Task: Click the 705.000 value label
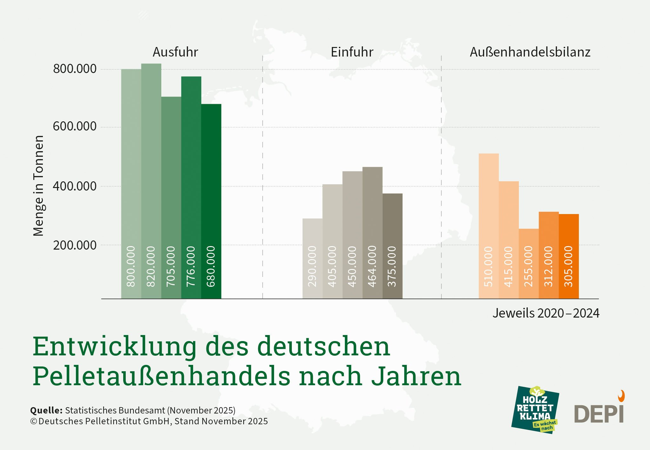click(x=171, y=266)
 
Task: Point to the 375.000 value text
click(x=392, y=266)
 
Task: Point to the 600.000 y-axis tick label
click(x=75, y=126)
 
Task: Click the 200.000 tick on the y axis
click(x=75, y=245)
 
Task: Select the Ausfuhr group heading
click(x=175, y=52)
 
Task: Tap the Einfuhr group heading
click(x=352, y=52)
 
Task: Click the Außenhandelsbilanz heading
click(x=530, y=52)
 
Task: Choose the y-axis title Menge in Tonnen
click(x=38, y=186)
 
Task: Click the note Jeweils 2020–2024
click(x=546, y=313)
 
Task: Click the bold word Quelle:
click(x=46, y=410)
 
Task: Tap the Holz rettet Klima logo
click(x=535, y=410)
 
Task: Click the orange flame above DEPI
click(x=621, y=396)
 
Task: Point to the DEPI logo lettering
click(x=599, y=414)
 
